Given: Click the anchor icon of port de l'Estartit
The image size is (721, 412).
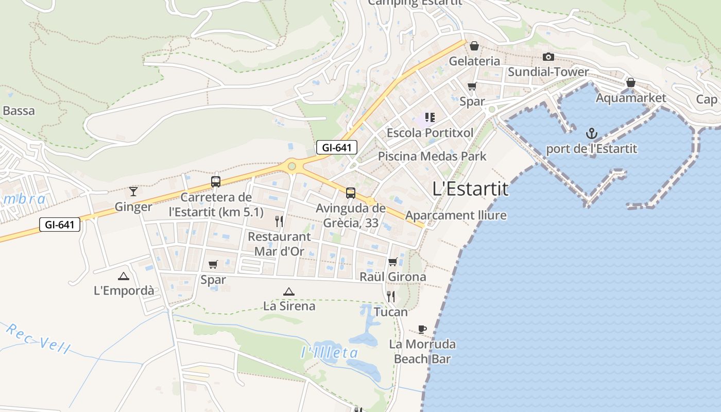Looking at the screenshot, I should [x=592, y=134].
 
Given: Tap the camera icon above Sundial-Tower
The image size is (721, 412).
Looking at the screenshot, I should [x=548, y=57].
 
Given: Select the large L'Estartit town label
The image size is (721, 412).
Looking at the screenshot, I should [x=470, y=189].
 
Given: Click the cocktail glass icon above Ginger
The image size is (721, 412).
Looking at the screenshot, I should [x=133, y=192].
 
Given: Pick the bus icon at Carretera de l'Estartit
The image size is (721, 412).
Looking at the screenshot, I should [x=216, y=182].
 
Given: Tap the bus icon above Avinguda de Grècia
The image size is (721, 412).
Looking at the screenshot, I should [x=351, y=193].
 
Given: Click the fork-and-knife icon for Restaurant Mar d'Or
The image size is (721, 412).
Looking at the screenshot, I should [x=279, y=221].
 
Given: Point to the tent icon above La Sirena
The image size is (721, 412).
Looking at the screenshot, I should [x=289, y=291].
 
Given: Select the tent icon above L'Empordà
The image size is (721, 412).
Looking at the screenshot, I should [x=124, y=276].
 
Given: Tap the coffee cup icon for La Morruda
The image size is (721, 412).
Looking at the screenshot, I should [x=422, y=329].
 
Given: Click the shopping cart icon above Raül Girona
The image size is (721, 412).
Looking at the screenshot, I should [x=392, y=262].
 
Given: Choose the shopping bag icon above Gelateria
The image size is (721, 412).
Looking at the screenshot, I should [x=474, y=46].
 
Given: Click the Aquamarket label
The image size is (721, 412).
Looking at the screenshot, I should [x=631, y=98].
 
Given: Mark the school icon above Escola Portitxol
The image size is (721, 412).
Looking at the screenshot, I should [x=430, y=117].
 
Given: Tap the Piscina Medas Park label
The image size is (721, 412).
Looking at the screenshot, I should [x=432, y=156].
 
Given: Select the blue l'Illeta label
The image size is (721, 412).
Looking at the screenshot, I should [x=329, y=353].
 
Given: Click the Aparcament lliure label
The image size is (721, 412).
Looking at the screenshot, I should [x=456, y=215].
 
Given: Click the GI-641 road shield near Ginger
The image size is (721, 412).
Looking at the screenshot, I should [x=60, y=225].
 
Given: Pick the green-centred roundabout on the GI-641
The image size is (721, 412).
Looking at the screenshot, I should [x=292, y=166].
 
